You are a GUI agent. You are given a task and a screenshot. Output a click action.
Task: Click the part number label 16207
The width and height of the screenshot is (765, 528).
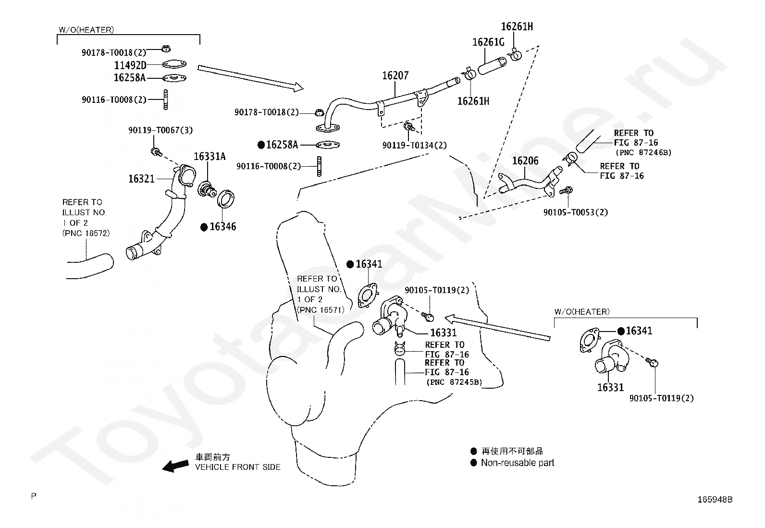395,75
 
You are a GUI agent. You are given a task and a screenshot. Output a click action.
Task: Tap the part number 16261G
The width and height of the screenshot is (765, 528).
488,42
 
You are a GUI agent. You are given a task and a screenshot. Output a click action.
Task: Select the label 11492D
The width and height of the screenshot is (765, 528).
130,65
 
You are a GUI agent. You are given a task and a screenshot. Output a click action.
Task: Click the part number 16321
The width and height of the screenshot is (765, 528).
141,179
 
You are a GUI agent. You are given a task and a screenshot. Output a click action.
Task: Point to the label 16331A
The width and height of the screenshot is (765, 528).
210,157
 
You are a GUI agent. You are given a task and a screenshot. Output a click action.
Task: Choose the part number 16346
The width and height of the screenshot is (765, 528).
222,226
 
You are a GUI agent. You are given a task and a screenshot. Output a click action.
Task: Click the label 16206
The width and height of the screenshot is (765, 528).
525,160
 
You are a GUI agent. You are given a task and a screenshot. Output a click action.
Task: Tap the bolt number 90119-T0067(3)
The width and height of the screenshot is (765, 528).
160,130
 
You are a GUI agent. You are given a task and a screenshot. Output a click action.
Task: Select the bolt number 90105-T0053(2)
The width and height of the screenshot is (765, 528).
576,212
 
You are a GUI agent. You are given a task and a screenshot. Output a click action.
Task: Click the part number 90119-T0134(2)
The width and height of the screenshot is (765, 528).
415,145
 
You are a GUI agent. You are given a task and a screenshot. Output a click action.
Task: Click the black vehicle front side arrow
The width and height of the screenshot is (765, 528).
175,466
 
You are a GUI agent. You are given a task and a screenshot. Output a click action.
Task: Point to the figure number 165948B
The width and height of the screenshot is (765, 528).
715,499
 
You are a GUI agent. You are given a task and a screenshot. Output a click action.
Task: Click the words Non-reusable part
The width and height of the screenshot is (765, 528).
518,463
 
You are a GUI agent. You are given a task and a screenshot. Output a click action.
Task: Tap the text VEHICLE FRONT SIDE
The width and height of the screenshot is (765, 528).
238,467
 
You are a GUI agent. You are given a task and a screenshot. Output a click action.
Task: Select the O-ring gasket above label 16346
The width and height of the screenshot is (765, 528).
226,199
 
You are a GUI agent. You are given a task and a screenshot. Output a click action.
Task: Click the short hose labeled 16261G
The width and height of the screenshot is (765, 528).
492,65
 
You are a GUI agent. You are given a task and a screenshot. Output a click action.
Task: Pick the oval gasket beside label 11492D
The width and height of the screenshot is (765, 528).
174,64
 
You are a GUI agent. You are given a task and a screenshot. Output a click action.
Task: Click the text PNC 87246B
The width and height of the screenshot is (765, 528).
643,152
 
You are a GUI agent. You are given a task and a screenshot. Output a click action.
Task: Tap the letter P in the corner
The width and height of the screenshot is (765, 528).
34,496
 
